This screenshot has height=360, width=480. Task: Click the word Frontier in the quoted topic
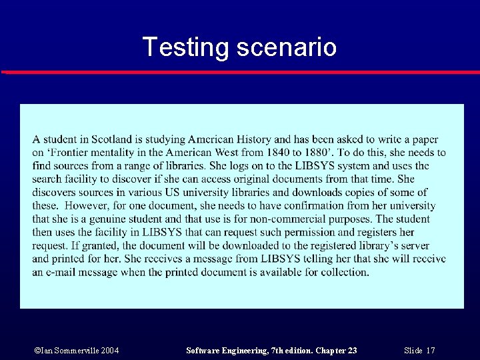(72, 153)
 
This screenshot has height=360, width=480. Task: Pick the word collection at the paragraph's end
(345, 272)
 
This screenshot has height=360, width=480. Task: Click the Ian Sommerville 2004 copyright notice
(77, 350)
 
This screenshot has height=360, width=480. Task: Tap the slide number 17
(430, 350)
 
